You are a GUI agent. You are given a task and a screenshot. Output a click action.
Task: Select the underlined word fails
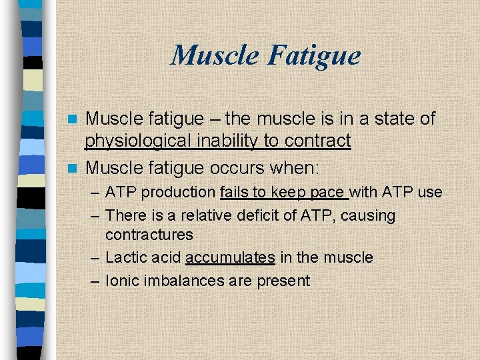[234, 193]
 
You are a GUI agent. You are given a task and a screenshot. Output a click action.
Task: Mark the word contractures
[149, 235]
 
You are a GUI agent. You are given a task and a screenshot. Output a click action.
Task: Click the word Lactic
[125, 257]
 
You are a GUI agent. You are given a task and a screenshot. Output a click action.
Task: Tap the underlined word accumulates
[230, 257]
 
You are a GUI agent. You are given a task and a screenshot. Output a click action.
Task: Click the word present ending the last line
[284, 281]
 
